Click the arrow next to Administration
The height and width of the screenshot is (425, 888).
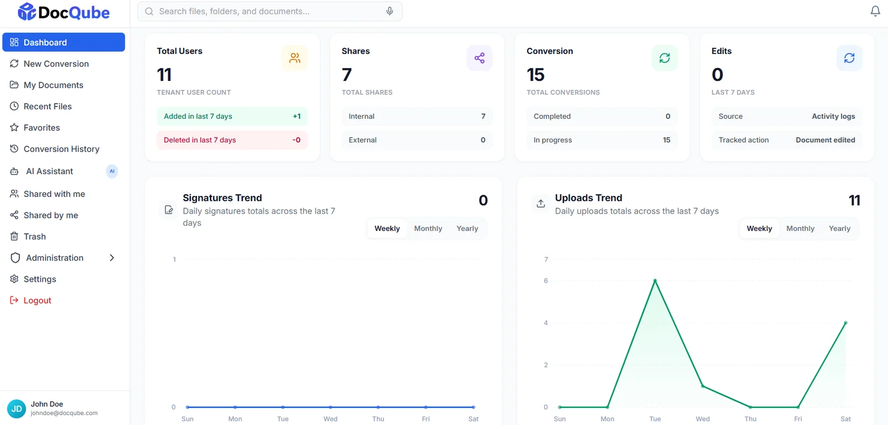pyautogui.click(x=112, y=258)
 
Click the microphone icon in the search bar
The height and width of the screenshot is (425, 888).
pyautogui.click(x=390, y=11)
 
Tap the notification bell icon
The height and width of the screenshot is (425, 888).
pyautogui.click(x=875, y=11)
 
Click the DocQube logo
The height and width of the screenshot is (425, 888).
pyautogui.click(x=63, y=12)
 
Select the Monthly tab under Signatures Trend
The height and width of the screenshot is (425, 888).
pyautogui.click(x=428, y=229)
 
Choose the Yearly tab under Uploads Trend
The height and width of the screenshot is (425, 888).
pyautogui.click(x=840, y=229)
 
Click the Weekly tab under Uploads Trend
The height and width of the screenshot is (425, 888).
pyautogui.click(x=759, y=229)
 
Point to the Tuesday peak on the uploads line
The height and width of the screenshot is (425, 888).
pyautogui.click(x=655, y=281)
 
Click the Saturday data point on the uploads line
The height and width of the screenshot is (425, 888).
pyautogui.click(x=846, y=323)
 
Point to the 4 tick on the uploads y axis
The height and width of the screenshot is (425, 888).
pyautogui.click(x=546, y=323)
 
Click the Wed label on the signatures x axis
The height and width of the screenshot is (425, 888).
pyautogui.click(x=330, y=419)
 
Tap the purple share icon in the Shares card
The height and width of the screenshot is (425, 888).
pyautogui.click(x=480, y=58)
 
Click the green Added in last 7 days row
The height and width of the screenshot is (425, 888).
pyautogui.click(x=232, y=117)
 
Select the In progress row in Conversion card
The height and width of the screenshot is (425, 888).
pyautogui.click(x=602, y=140)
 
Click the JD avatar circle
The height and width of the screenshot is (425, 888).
pyautogui.click(x=17, y=409)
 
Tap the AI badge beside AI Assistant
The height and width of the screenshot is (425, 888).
pyautogui.click(x=112, y=171)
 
